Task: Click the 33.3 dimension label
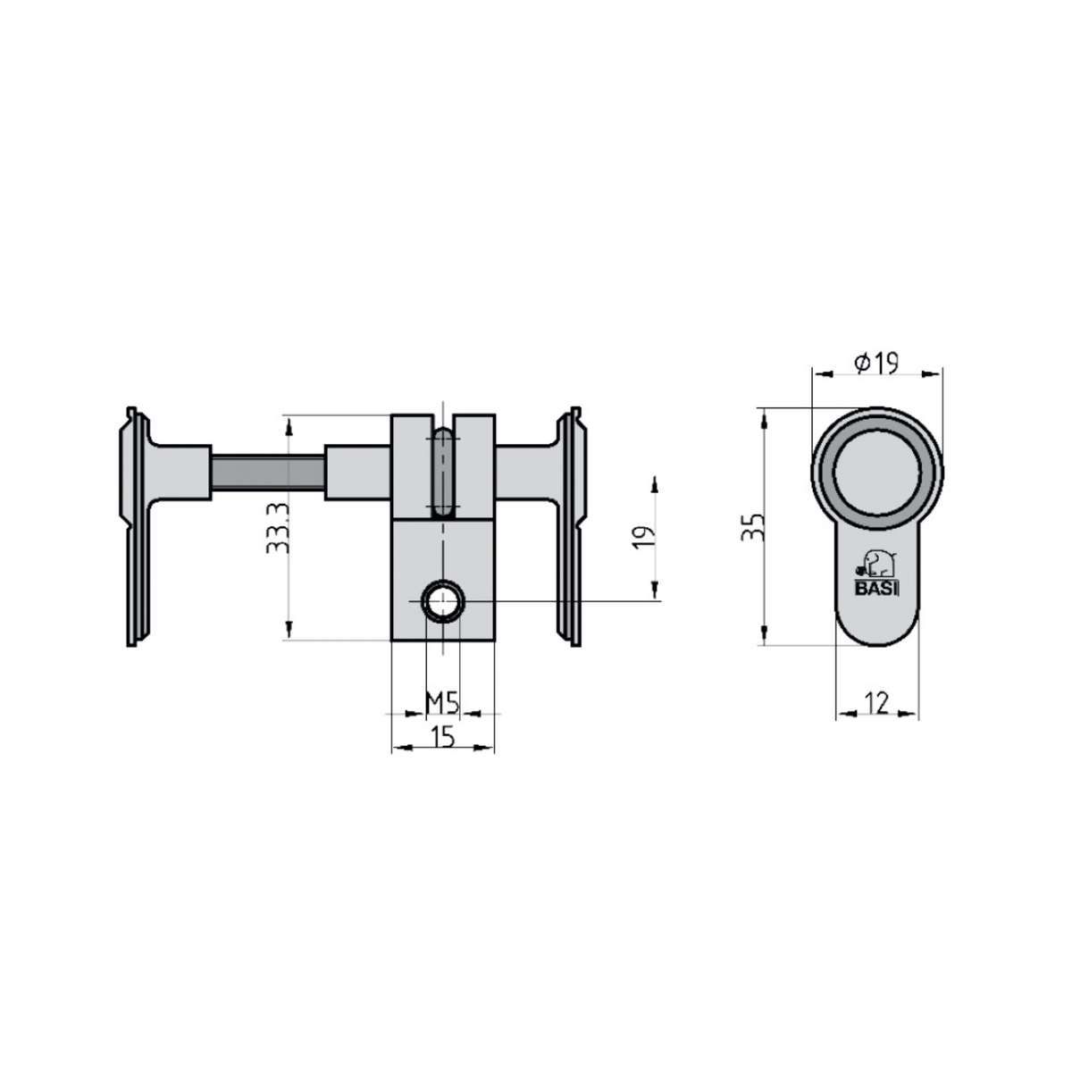[x=278, y=527]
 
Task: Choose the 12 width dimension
[x=877, y=703]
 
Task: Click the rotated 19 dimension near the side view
[x=643, y=538]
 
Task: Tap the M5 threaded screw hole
[x=442, y=601]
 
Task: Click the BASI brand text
[x=876, y=590]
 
